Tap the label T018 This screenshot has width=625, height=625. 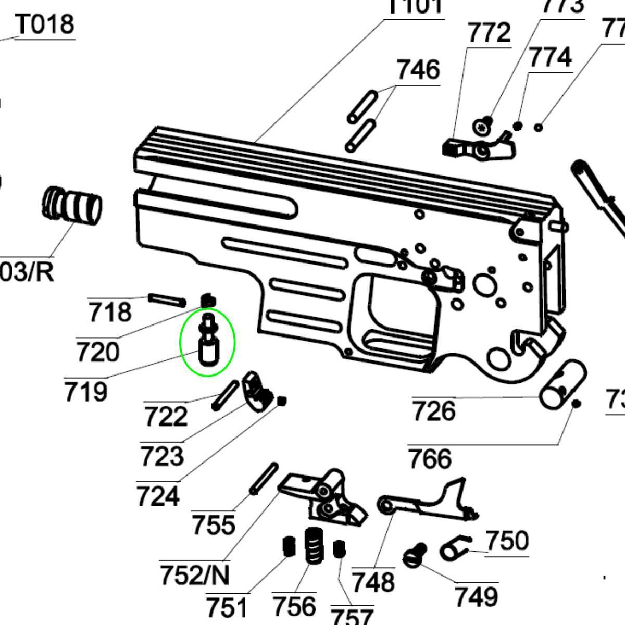tap(45, 24)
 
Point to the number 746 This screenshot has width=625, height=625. tap(418, 70)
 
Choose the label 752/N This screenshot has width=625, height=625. tap(195, 575)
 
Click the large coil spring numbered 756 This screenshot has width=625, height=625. tap(312, 545)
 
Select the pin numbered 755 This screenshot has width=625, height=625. tap(264, 479)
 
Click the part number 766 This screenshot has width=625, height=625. tap(430, 459)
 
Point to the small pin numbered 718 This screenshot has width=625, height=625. tap(167, 300)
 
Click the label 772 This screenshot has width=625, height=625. tap(489, 34)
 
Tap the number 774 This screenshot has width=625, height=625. tap(551, 58)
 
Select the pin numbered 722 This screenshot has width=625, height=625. tap(225, 395)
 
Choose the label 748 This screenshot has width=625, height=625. tap(373, 581)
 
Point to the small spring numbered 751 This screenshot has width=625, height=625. tap(287, 546)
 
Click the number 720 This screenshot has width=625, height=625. tap(97, 352)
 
